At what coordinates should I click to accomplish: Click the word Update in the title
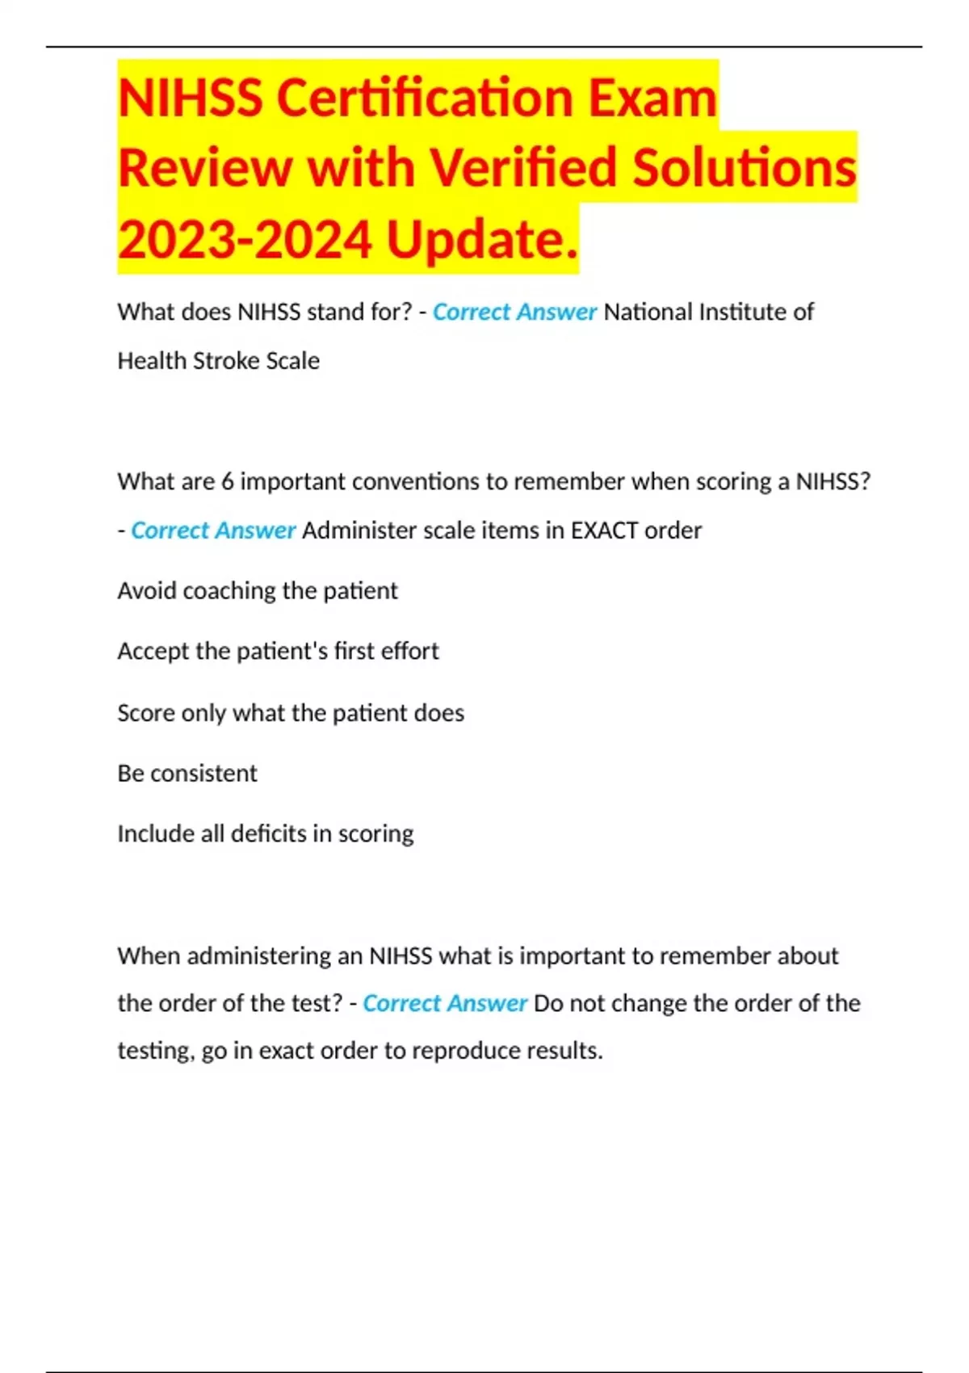482,241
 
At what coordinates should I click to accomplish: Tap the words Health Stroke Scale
218,360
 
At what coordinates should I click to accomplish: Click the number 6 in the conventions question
227,481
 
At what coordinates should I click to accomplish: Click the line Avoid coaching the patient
258,590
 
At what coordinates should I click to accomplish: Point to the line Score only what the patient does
291,712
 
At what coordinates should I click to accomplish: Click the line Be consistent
187,773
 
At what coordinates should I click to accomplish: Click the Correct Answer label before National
514,312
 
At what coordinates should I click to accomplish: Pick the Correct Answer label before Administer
213,531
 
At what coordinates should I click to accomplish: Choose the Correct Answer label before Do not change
445,1003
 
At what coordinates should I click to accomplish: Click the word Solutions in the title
744,168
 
